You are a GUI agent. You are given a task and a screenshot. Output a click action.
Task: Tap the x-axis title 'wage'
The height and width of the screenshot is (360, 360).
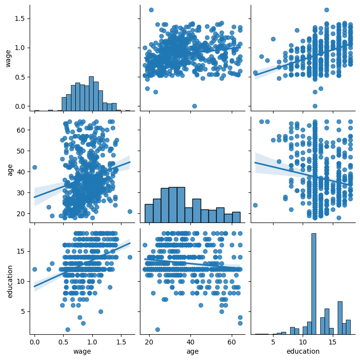click(82, 351)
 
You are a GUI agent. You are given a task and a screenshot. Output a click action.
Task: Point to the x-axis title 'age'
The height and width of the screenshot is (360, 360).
click(192, 351)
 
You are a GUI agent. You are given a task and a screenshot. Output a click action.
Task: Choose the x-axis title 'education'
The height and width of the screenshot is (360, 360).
click(303, 351)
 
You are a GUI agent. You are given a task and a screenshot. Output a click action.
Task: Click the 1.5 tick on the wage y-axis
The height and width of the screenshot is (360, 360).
click(19, 18)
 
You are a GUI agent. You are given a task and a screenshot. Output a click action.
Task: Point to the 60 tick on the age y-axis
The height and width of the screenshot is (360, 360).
click(21, 130)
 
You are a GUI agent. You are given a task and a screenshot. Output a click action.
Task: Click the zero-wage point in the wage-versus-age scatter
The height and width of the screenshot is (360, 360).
click(194, 106)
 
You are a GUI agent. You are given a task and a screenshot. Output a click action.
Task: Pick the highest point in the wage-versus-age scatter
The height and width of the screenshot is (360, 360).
click(151, 10)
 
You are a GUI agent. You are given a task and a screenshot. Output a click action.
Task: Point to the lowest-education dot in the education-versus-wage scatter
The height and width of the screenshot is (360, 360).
click(68, 329)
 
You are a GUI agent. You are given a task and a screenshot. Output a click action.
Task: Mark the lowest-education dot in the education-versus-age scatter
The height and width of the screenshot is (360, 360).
click(157, 329)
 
